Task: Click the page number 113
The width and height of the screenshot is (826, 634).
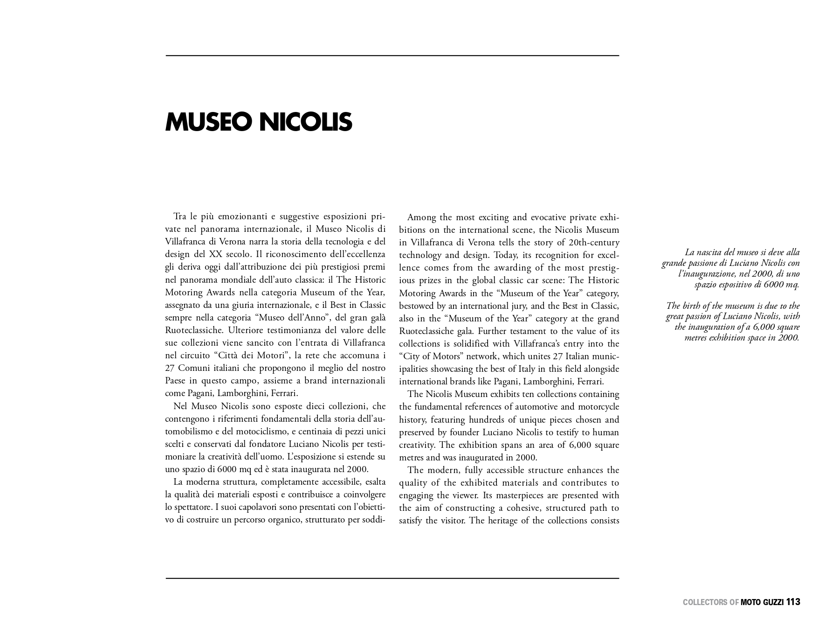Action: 793,602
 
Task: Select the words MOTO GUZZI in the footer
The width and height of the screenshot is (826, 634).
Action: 762,602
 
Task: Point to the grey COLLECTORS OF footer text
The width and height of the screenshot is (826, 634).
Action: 710,602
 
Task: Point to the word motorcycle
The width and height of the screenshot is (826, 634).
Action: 599,407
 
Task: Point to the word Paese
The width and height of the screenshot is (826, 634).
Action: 175,381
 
